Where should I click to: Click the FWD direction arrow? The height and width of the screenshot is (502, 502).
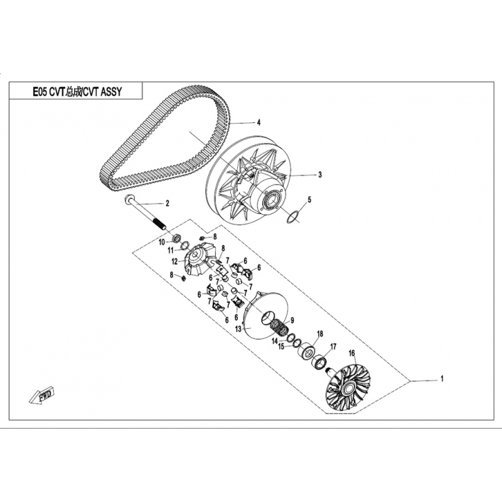pos(41,395)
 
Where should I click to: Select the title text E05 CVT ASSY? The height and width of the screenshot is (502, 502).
pos(77,92)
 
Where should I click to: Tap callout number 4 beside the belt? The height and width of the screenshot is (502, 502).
pos(259,122)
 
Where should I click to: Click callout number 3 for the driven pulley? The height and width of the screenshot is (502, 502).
pos(319,175)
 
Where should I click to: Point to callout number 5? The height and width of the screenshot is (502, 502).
pos(309,200)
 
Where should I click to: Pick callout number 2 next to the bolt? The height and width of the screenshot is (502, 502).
pos(167,203)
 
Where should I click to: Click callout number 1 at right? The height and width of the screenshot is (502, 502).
pos(442,379)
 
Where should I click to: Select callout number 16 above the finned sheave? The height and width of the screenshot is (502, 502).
pos(352,353)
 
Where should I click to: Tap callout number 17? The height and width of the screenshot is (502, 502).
pos(333,347)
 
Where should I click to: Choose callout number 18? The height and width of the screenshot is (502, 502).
pos(320,334)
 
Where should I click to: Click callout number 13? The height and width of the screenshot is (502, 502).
pos(238,329)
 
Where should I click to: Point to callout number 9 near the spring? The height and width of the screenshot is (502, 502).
pos(292,320)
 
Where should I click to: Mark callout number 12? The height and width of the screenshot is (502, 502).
pos(174,262)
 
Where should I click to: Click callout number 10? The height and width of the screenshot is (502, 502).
pos(162,242)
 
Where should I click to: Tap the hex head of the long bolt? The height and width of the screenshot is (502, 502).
pos(127,198)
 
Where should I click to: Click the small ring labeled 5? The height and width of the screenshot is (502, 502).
pos(292,217)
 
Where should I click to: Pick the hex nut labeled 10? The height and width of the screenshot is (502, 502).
pos(176,238)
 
